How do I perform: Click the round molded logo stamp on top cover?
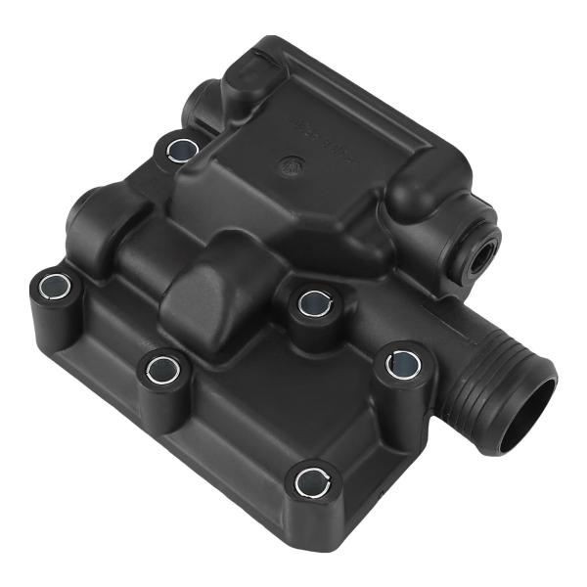pos(291,164)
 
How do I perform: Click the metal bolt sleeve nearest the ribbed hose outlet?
pos(402,365)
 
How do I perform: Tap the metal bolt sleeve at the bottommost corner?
pos(313,480)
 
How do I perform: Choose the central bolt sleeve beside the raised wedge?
pos(312,300)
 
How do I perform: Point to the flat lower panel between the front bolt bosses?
pos(235,411)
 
